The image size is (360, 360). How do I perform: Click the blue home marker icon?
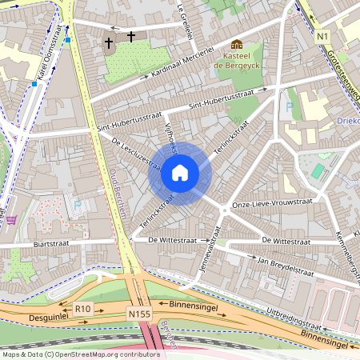point(180,172)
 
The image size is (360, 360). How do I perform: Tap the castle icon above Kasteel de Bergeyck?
point(236,44)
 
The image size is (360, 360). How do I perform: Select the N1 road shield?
point(322,36)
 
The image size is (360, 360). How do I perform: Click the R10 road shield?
point(82,307)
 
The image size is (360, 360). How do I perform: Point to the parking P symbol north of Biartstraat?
point(77,206)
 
